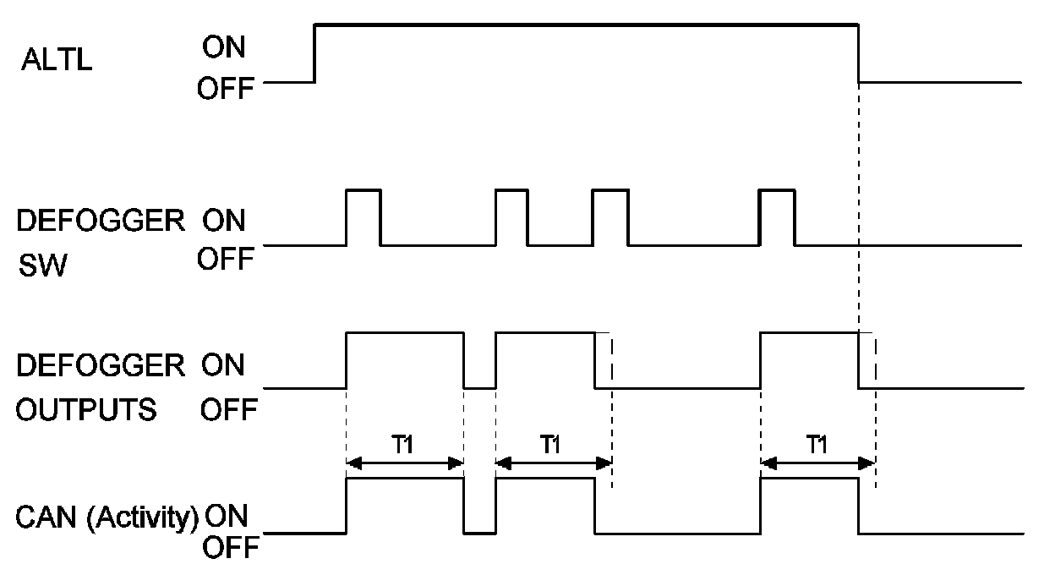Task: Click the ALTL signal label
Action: pos(54,63)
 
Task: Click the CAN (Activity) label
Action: pos(107,515)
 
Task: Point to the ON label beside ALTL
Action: pos(223,49)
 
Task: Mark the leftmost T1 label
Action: pos(405,445)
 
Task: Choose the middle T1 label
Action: pos(551,445)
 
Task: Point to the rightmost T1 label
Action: pos(816,445)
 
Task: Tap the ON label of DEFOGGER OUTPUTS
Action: pos(223,365)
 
